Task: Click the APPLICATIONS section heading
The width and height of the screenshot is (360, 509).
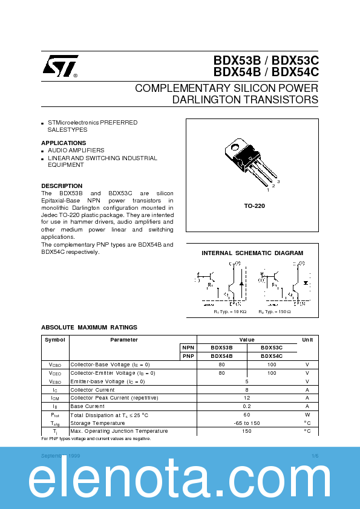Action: pyautogui.click(x=64, y=143)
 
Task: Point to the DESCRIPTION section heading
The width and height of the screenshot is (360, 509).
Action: pyautogui.click(x=62, y=186)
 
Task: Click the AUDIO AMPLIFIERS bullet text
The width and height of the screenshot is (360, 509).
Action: pyautogui.click(x=76, y=151)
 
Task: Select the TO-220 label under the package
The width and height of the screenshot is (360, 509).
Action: pyautogui.click(x=254, y=206)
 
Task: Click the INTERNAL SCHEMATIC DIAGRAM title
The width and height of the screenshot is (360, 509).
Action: pyautogui.click(x=252, y=253)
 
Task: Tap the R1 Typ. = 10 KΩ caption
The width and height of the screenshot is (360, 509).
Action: pyautogui.click(x=230, y=311)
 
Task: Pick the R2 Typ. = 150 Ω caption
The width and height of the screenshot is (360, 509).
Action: pyautogui.click(x=275, y=311)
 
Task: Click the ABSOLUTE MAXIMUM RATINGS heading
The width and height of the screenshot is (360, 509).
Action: pyautogui.click(x=89, y=328)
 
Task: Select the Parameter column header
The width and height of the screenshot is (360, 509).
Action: pyautogui.click(x=123, y=340)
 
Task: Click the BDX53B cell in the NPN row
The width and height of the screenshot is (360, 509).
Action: pyautogui.click(x=221, y=348)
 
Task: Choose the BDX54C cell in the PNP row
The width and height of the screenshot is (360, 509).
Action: pyautogui.click(x=272, y=357)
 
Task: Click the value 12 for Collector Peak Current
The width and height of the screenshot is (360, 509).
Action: pyautogui.click(x=247, y=398)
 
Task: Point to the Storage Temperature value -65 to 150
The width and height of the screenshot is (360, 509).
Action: pyautogui.click(x=247, y=423)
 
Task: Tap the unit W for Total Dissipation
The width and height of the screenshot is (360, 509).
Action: pyautogui.click(x=307, y=415)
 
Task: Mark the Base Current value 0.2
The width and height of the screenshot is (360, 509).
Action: pyautogui.click(x=247, y=406)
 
